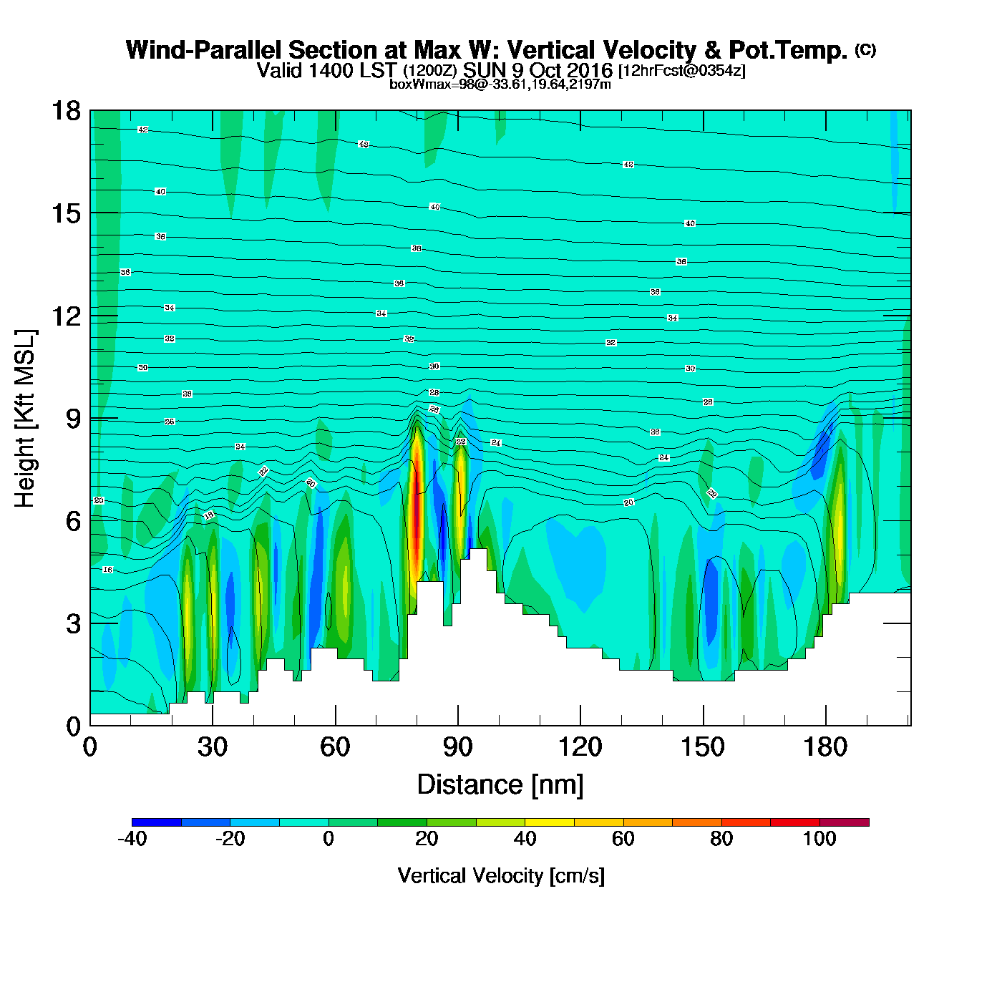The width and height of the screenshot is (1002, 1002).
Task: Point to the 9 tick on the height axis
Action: [x=73, y=419]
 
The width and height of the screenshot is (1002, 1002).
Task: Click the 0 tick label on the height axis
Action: [x=73, y=726]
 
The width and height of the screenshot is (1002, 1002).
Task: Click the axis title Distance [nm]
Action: [x=500, y=785]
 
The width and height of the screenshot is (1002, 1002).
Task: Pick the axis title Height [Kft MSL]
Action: [x=25, y=419]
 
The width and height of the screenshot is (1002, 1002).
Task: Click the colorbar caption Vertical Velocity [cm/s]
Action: [x=501, y=876]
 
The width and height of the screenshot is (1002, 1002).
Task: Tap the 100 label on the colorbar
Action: [x=819, y=839]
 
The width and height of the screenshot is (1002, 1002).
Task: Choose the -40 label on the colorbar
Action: [x=132, y=839]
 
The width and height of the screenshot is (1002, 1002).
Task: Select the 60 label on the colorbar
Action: [x=623, y=839]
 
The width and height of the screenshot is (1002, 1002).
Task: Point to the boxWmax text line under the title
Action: [x=500, y=84]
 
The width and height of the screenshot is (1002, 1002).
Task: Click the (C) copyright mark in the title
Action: [x=865, y=49]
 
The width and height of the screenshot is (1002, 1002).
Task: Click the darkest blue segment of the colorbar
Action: [x=157, y=822]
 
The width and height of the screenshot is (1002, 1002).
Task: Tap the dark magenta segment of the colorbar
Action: [x=844, y=822]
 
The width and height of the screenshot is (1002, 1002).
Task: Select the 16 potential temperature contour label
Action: [x=107, y=570]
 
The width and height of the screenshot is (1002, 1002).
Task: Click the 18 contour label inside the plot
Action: [x=209, y=515]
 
